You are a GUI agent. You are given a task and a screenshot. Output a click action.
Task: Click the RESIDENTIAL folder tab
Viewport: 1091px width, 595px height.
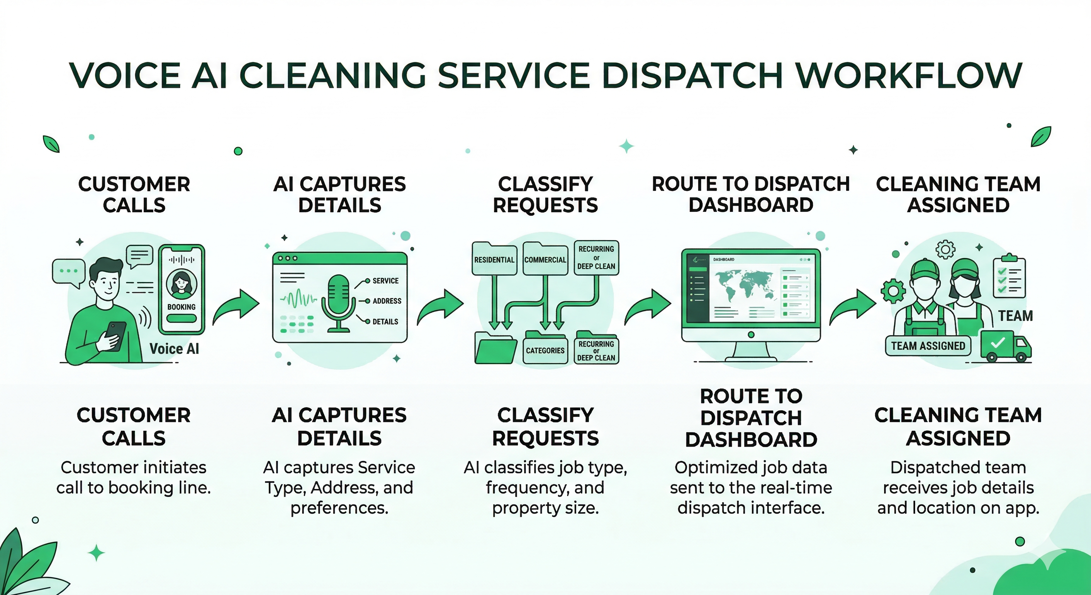(494, 259)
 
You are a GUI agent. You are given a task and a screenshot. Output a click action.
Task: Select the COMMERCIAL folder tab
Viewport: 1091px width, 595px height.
(545, 259)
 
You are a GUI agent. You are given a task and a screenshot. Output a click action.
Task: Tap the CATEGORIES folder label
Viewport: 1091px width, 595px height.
(545, 350)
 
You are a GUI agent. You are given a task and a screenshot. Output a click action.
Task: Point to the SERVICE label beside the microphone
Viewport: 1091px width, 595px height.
(385, 281)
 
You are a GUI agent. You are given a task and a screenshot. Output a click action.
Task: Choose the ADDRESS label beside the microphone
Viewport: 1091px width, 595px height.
(387, 301)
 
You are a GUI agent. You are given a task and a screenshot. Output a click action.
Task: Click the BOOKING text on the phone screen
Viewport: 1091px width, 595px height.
(181, 307)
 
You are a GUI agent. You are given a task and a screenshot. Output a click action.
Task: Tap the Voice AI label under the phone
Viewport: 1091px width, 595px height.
(174, 349)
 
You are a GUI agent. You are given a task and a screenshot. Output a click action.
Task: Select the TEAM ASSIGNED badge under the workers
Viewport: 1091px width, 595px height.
(928, 346)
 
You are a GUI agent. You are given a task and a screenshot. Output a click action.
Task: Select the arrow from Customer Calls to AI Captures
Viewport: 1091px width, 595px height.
(236, 306)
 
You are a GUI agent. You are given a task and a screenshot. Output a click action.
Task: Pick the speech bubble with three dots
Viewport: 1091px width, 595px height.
(68, 272)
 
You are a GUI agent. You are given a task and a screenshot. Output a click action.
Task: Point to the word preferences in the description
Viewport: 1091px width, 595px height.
(339, 508)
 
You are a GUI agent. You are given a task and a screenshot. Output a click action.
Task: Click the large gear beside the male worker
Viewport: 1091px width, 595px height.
(893, 291)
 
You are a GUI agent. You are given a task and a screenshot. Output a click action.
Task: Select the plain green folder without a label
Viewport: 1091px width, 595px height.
(495, 349)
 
